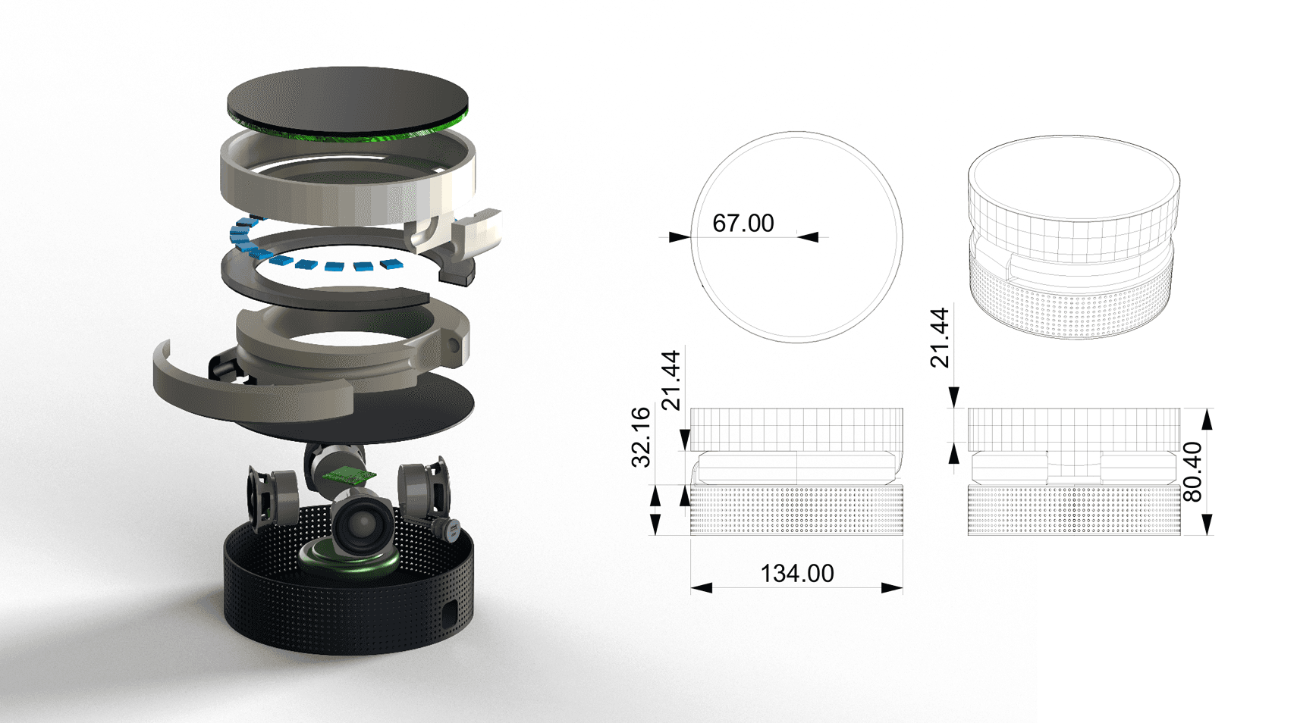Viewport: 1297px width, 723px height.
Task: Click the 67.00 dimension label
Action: click(x=743, y=224)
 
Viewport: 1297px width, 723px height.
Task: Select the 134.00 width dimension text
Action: click(x=796, y=574)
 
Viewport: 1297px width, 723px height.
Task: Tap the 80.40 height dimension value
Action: click(x=1193, y=472)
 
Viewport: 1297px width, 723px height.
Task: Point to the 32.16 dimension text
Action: click(x=642, y=437)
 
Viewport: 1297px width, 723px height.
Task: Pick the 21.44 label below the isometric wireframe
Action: click(x=940, y=338)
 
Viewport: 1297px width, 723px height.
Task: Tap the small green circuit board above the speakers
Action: click(x=349, y=475)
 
